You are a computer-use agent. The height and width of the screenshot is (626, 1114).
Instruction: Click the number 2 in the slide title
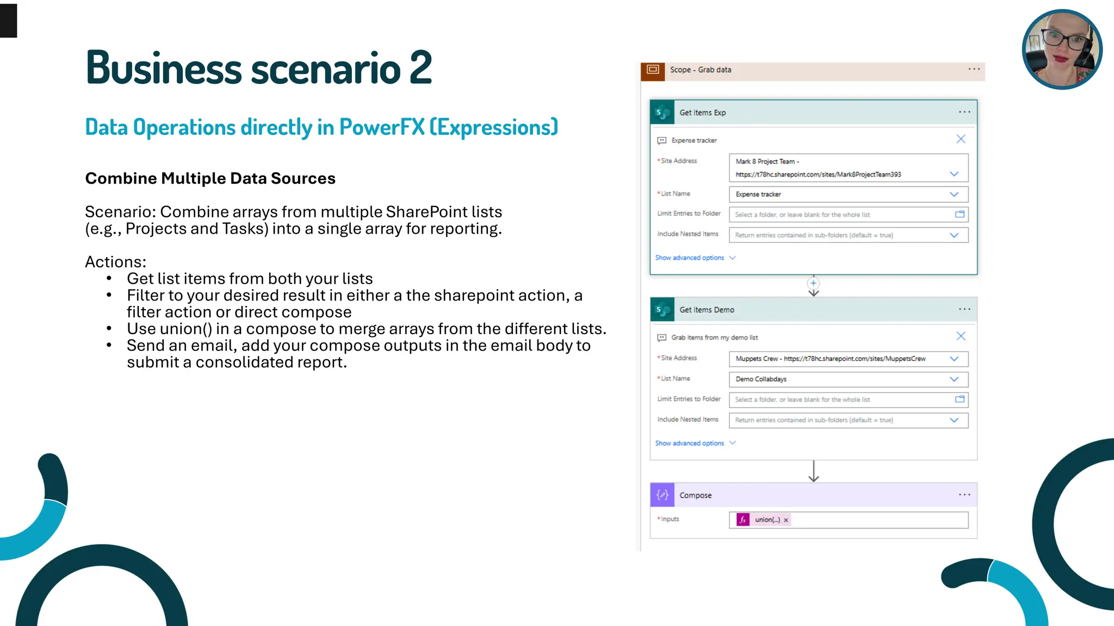click(x=420, y=68)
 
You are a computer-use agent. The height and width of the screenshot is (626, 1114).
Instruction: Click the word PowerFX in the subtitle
click(x=381, y=127)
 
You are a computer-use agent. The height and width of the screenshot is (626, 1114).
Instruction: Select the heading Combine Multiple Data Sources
click(x=210, y=178)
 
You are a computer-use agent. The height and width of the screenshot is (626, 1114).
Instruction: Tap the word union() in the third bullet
click(x=185, y=329)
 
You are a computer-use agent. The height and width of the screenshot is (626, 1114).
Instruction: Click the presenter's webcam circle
click(x=1062, y=49)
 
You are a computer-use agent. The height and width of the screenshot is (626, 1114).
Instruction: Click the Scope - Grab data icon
click(x=653, y=70)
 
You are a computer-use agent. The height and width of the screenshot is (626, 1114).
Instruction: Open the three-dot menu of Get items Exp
click(x=964, y=112)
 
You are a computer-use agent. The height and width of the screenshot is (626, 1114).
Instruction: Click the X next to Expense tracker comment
click(x=961, y=139)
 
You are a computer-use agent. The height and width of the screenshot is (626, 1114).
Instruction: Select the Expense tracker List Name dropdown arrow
click(x=954, y=194)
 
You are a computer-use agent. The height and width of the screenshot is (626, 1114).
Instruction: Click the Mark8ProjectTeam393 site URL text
click(x=818, y=174)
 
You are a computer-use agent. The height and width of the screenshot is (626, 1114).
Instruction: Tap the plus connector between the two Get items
click(x=813, y=283)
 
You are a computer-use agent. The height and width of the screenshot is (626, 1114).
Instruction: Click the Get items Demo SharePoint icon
click(x=662, y=310)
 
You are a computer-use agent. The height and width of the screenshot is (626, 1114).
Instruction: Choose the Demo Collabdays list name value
click(x=761, y=379)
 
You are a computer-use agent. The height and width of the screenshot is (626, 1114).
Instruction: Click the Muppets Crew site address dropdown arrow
click(x=954, y=359)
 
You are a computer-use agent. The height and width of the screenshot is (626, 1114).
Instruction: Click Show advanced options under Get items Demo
click(x=689, y=443)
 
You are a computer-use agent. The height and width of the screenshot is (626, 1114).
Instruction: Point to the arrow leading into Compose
click(x=813, y=471)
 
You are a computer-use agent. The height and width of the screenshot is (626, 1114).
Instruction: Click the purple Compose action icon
click(x=662, y=495)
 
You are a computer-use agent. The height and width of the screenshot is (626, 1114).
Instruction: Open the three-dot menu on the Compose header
click(x=964, y=495)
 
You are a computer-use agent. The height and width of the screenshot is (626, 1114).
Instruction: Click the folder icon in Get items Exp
click(x=960, y=215)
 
